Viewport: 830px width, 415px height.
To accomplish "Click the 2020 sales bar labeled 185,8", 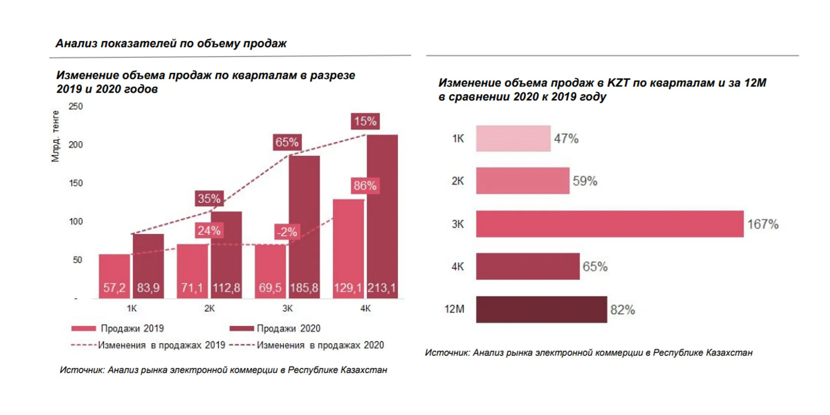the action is pyautogui.click(x=304, y=227).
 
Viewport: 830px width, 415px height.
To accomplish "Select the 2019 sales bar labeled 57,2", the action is pyautogui.click(x=114, y=276).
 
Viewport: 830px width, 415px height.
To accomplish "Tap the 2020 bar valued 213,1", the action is pyautogui.click(x=382, y=216).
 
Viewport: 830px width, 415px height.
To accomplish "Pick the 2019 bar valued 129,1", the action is pyautogui.click(x=348, y=249).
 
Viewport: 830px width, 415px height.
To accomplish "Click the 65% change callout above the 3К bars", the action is pyautogui.click(x=287, y=142).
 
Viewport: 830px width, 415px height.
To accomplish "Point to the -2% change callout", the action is pyautogui.click(x=287, y=232).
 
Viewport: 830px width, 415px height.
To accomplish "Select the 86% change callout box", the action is pyautogui.click(x=365, y=186).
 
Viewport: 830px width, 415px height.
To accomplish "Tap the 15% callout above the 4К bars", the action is pyautogui.click(x=365, y=121).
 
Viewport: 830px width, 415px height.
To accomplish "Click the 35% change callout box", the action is pyautogui.click(x=209, y=198).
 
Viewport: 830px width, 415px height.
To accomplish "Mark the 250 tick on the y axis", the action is pyautogui.click(x=76, y=106).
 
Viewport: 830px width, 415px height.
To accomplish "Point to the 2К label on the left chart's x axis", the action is pyautogui.click(x=209, y=308).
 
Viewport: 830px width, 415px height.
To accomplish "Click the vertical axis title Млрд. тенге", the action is pyautogui.click(x=56, y=136).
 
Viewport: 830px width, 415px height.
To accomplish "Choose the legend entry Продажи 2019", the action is pyautogui.click(x=118, y=328).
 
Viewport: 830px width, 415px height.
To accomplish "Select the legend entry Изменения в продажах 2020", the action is pyautogui.click(x=307, y=345).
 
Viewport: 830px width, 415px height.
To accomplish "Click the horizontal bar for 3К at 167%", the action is pyautogui.click(x=610, y=224).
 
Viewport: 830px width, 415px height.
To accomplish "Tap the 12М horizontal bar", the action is pyautogui.click(x=541, y=309).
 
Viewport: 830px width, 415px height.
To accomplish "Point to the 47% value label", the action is pyautogui.click(x=566, y=138).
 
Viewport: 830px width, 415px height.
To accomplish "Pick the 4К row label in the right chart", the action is pyautogui.click(x=458, y=266).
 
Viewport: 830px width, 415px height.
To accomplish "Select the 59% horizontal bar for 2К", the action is pyautogui.click(x=523, y=181).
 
